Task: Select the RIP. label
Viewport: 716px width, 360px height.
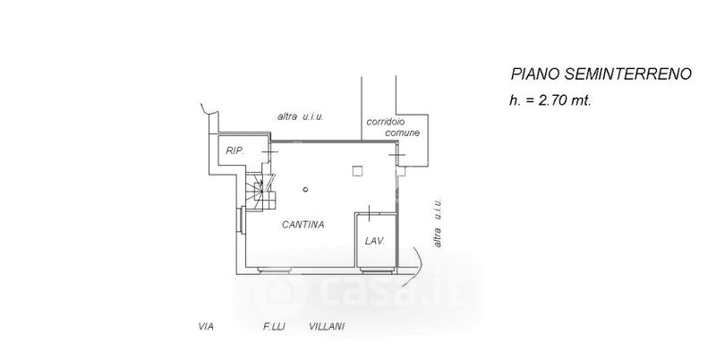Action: click(234, 151)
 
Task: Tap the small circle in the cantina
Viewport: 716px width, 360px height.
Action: click(305, 189)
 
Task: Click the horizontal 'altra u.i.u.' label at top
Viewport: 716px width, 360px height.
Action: click(300, 116)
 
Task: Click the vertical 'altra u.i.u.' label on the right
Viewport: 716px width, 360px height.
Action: click(438, 224)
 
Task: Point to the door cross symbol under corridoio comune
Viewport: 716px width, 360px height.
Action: click(398, 156)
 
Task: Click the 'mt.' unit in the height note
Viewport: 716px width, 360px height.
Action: click(581, 101)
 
